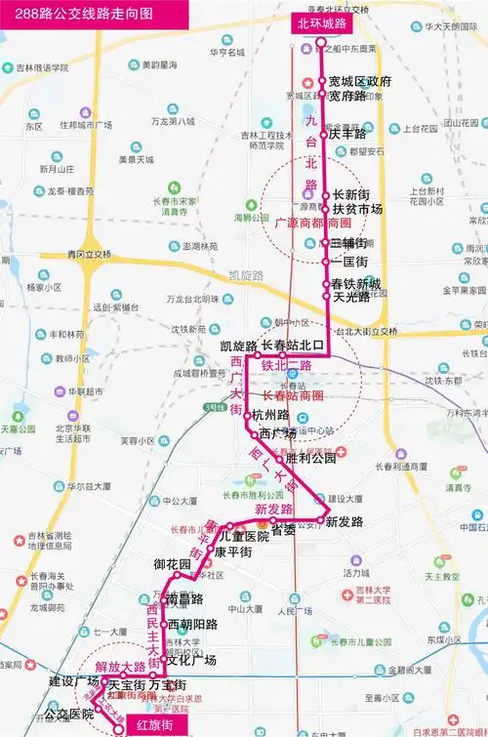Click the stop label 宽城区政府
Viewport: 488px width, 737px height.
click(x=360, y=81)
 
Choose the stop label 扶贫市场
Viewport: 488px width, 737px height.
click(x=357, y=209)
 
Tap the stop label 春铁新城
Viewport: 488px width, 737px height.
click(x=357, y=283)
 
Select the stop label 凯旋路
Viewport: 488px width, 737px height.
click(x=237, y=347)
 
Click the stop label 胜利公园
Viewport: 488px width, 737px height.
click(x=311, y=457)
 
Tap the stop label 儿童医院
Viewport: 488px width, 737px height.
click(x=244, y=536)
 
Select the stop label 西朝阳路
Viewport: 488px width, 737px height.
click(x=192, y=624)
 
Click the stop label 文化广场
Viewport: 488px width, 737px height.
click(x=191, y=660)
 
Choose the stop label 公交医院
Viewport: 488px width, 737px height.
click(x=68, y=715)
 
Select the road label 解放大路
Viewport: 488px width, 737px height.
click(x=120, y=668)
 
